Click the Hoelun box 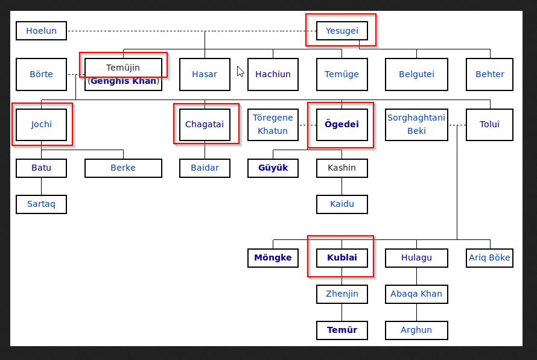41,31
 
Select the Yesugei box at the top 342,31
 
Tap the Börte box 41,74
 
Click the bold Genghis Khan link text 123,81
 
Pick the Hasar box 205,74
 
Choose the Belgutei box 416,74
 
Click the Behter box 489,74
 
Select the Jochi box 42,124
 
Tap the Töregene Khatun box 273,124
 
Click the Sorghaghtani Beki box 416,124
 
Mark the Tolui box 489,124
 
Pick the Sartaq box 41,204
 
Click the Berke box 123,168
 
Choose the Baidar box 205,168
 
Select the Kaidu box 342,204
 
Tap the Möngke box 273,257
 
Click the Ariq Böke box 489,257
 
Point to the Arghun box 416,330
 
